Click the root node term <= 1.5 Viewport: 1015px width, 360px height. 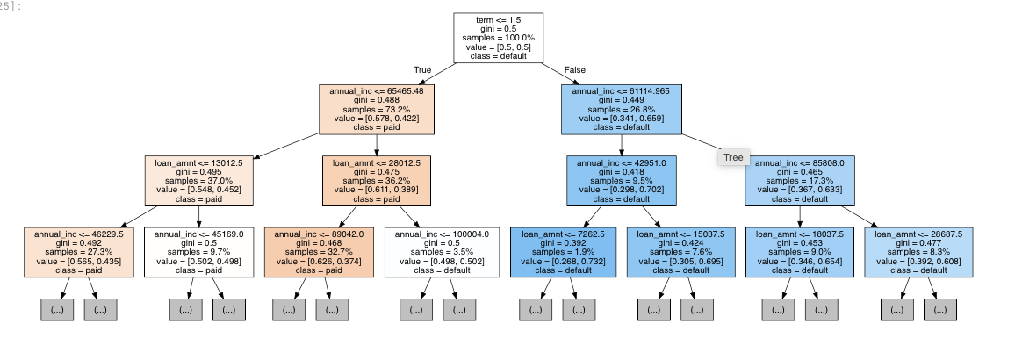pos(498,38)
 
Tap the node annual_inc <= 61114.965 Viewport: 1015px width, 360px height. pos(621,108)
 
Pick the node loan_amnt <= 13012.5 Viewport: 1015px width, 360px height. pos(198,180)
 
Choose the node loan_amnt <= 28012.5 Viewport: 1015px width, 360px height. pos(377,180)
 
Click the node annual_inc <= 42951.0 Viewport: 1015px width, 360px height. pos(621,180)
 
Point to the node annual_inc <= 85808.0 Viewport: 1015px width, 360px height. pos(800,180)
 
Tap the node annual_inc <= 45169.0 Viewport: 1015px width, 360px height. pos(198,252)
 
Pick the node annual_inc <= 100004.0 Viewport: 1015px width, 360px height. pos(442,252)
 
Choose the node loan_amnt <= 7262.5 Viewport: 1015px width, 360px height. pos(563,252)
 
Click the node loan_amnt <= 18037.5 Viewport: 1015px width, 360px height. pos(800,252)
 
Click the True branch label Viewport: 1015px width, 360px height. pos(422,69)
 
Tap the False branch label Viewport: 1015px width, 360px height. pos(575,69)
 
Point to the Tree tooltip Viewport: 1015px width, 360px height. pos(733,157)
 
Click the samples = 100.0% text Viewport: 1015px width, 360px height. pos(498,38)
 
